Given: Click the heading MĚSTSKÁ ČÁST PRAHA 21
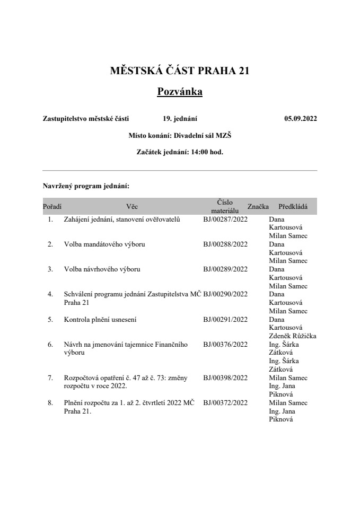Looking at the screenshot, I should (x=180, y=71).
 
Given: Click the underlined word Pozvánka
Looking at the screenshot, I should (x=180, y=92).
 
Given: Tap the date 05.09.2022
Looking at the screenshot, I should (x=300, y=119).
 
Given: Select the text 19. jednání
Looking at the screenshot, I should (x=180, y=119).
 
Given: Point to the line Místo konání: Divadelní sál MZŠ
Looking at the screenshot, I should (x=180, y=136).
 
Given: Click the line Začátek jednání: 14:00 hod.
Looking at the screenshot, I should (x=180, y=152).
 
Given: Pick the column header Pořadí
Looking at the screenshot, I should (x=51, y=207).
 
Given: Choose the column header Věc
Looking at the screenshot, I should (x=132, y=207).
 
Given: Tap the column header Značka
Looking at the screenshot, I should (x=258, y=207).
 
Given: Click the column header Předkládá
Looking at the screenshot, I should (x=293, y=207).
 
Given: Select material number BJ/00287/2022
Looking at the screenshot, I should (x=225, y=219).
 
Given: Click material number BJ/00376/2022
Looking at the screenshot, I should (x=225, y=345).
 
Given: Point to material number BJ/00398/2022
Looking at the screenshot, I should (x=225, y=378).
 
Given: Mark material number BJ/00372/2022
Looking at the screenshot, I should (x=225, y=403).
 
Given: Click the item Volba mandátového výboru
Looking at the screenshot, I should (x=104, y=244).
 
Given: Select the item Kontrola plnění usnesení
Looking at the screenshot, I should (x=101, y=320).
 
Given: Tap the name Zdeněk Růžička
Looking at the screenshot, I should (x=293, y=336).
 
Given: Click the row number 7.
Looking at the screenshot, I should (x=50, y=378).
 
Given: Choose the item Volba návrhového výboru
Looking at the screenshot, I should (x=102, y=269).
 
